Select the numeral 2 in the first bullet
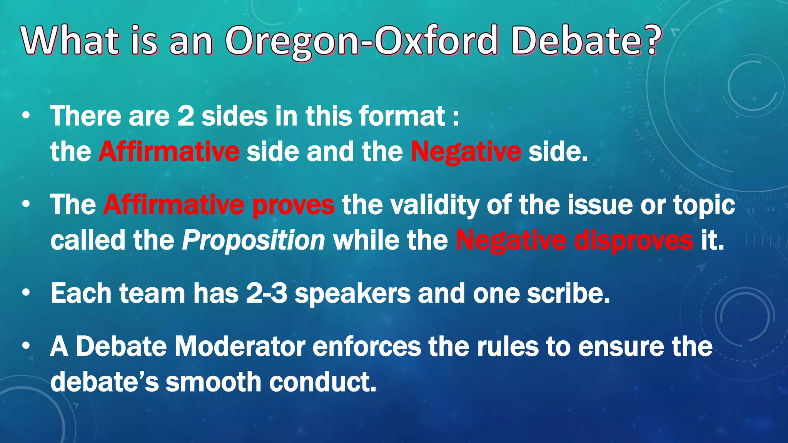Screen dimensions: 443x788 tap(185, 116)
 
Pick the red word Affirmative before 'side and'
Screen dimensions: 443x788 tap(169, 151)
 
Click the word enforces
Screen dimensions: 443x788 tap(367, 346)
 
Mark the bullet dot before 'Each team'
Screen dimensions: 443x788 tap(26, 293)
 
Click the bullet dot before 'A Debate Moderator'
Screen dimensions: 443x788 tap(26, 346)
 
